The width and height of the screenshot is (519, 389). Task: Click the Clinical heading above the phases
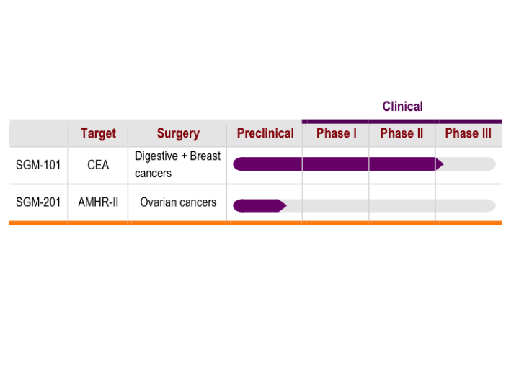tap(402, 107)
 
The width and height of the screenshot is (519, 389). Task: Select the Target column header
tap(98, 134)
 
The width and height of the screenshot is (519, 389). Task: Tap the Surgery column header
tap(178, 134)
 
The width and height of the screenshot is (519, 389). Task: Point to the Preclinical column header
tap(265, 133)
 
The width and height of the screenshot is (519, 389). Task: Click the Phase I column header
tap(337, 133)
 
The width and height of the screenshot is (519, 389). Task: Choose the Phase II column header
tap(402, 133)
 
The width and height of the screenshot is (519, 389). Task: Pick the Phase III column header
tap(468, 133)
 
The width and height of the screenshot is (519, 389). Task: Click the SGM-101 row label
tap(38, 165)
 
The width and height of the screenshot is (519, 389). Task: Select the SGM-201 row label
tap(38, 202)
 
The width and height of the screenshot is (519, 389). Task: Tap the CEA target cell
tap(98, 165)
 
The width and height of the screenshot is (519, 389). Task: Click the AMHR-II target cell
tap(98, 202)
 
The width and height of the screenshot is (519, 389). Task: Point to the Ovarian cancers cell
tap(178, 202)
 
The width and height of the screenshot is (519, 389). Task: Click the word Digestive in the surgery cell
tap(156, 156)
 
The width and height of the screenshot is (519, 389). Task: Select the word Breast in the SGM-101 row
tap(205, 156)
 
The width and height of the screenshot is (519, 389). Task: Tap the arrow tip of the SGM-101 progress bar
tap(443, 164)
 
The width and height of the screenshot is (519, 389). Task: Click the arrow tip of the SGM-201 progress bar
tap(286, 205)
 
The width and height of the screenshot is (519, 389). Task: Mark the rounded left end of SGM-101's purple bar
tap(234, 164)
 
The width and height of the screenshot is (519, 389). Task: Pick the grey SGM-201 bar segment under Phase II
tap(402, 205)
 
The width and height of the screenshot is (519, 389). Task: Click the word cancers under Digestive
tap(154, 174)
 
